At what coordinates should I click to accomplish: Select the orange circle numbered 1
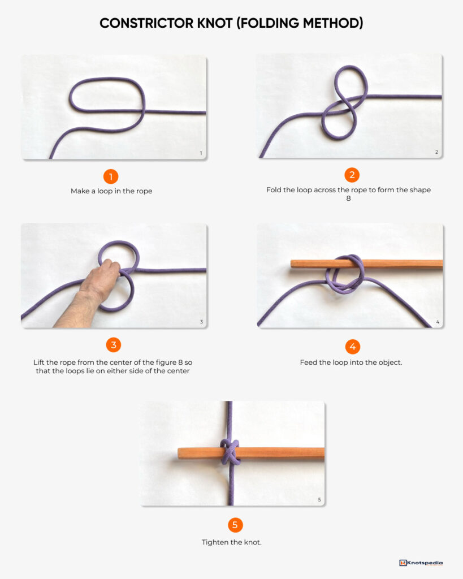pyautogui.click(x=111, y=176)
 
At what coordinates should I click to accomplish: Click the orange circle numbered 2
pyautogui.click(x=351, y=175)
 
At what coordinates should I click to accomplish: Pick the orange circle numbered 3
pyautogui.click(x=113, y=345)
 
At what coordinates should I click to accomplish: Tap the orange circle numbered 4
pyautogui.click(x=351, y=347)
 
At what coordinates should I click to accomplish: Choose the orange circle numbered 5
pyautogui.click(x=235, y=525)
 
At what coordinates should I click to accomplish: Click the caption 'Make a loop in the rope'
pyautogui.click(x=111, y=191)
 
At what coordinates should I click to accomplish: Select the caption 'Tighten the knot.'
pyautogui.click(x=232, y=542)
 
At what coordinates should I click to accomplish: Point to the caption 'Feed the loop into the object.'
pyautogui.click(x=351, y=362)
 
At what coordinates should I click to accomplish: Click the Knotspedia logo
pyautogui.click(x=421, y=563)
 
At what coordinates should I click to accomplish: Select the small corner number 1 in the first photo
pyautogui.click(x=201, y=153)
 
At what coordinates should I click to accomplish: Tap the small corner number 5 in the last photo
pyautogui.click(x=319, y=499)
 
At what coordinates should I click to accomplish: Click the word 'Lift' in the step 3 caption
pyautogui.click(x=40, y=361)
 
